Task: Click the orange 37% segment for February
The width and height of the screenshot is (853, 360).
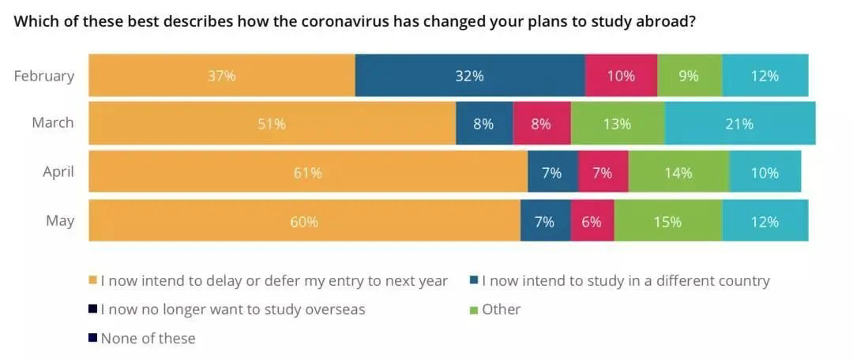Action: click(x=222, y=76)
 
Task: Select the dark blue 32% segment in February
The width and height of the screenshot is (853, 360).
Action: click(x=470, y=76)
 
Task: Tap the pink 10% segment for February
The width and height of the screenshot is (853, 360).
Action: click(x=621, y=76)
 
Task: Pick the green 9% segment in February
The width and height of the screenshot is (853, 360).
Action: click(x=690, y=76)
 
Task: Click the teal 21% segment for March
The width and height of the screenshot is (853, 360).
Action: click(x=740, y=124)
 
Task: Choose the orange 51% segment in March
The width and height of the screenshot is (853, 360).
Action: click(x=272, y=124)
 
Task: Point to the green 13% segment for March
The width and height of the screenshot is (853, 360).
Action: click(x=617, y=124)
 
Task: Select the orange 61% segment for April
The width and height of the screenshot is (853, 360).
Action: click(x=308, y=173)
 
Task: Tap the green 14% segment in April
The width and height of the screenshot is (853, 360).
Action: click(x=678, y=173)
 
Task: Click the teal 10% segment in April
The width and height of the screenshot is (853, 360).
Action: click(x=765, y=173)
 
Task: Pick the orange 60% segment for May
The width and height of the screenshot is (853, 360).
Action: click(x=304, y=222)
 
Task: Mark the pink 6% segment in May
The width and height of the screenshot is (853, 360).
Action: click(x=592, y=222)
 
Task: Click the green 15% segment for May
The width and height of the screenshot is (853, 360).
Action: click(x=667, y=222)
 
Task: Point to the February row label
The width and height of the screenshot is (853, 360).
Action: click(x=44, y=76)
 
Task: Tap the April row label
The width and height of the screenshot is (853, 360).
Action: click(x=58, y=171)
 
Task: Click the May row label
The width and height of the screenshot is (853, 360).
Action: click(x=60, y=220)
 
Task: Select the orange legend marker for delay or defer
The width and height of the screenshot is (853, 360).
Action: click(x=93, y=281)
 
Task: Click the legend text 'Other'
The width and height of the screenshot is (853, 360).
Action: click(x=501, y=309)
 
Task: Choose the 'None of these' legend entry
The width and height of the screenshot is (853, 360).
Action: click(x=148, y=338)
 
